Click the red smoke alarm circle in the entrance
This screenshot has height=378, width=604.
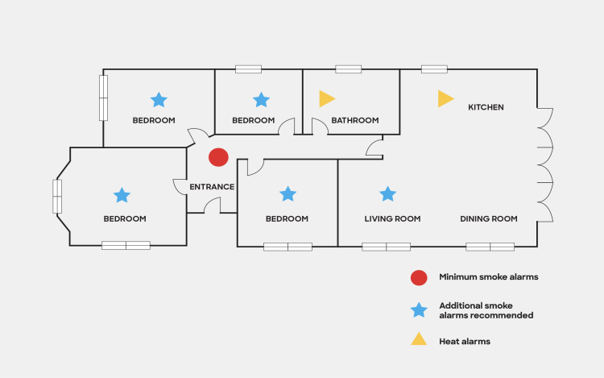218,157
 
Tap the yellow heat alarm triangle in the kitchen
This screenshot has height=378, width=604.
445,99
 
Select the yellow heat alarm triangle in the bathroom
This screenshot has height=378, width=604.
325,99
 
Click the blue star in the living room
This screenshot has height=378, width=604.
387,193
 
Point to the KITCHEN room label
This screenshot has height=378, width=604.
486,106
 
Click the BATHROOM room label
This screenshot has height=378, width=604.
354,121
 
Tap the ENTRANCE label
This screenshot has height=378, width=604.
212,187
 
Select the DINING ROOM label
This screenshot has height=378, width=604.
488,218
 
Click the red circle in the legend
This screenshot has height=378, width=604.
418,277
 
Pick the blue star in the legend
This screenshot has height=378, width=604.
418,309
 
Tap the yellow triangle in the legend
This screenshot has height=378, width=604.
418,340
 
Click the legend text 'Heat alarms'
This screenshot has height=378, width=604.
465,341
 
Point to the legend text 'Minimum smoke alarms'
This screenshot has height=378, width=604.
488,277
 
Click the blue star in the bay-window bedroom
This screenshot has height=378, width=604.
122,195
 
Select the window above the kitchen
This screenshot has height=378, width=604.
434,69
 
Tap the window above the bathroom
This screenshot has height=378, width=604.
348,69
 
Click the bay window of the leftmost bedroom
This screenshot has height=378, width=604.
57,196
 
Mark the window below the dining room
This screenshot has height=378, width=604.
490,247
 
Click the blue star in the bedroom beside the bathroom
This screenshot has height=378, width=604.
261,99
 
